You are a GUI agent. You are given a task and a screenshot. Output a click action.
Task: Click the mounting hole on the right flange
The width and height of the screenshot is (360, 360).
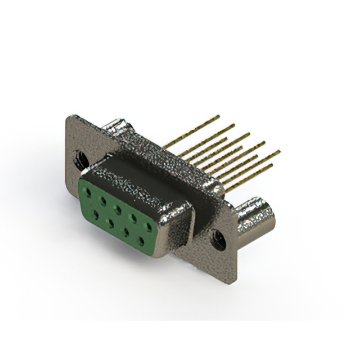pyautogui.click(x=219, y=241)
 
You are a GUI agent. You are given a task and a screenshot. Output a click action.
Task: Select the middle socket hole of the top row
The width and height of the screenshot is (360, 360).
pyautogui.click(x=118, y=209)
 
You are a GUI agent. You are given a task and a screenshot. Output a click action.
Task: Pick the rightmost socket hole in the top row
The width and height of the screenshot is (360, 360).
pyautogui.click(x=149, y=227)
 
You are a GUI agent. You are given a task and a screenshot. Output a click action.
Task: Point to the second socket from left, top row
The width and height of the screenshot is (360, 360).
pyautogui.click(x=102, y=201)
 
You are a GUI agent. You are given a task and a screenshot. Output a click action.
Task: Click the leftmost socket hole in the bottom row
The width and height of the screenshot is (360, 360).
pyautogui.click(x=94, y=214)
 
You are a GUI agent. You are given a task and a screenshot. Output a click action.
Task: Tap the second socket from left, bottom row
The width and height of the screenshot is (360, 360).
pyautogui.click(x=109, y=223)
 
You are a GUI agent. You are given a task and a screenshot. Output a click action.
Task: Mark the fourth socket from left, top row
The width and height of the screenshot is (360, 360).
pyautogui.click(x=133, y=218)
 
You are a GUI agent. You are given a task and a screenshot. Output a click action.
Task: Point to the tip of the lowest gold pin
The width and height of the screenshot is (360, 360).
pyautogui.click(x=272, y=165)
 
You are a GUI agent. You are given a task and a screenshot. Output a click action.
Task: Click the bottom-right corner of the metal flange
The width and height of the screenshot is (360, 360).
pyautogui.click(x=235, y=278)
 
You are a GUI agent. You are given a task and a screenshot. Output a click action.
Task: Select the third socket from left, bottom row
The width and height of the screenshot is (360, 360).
pyautogui.click(x=125, y=232)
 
